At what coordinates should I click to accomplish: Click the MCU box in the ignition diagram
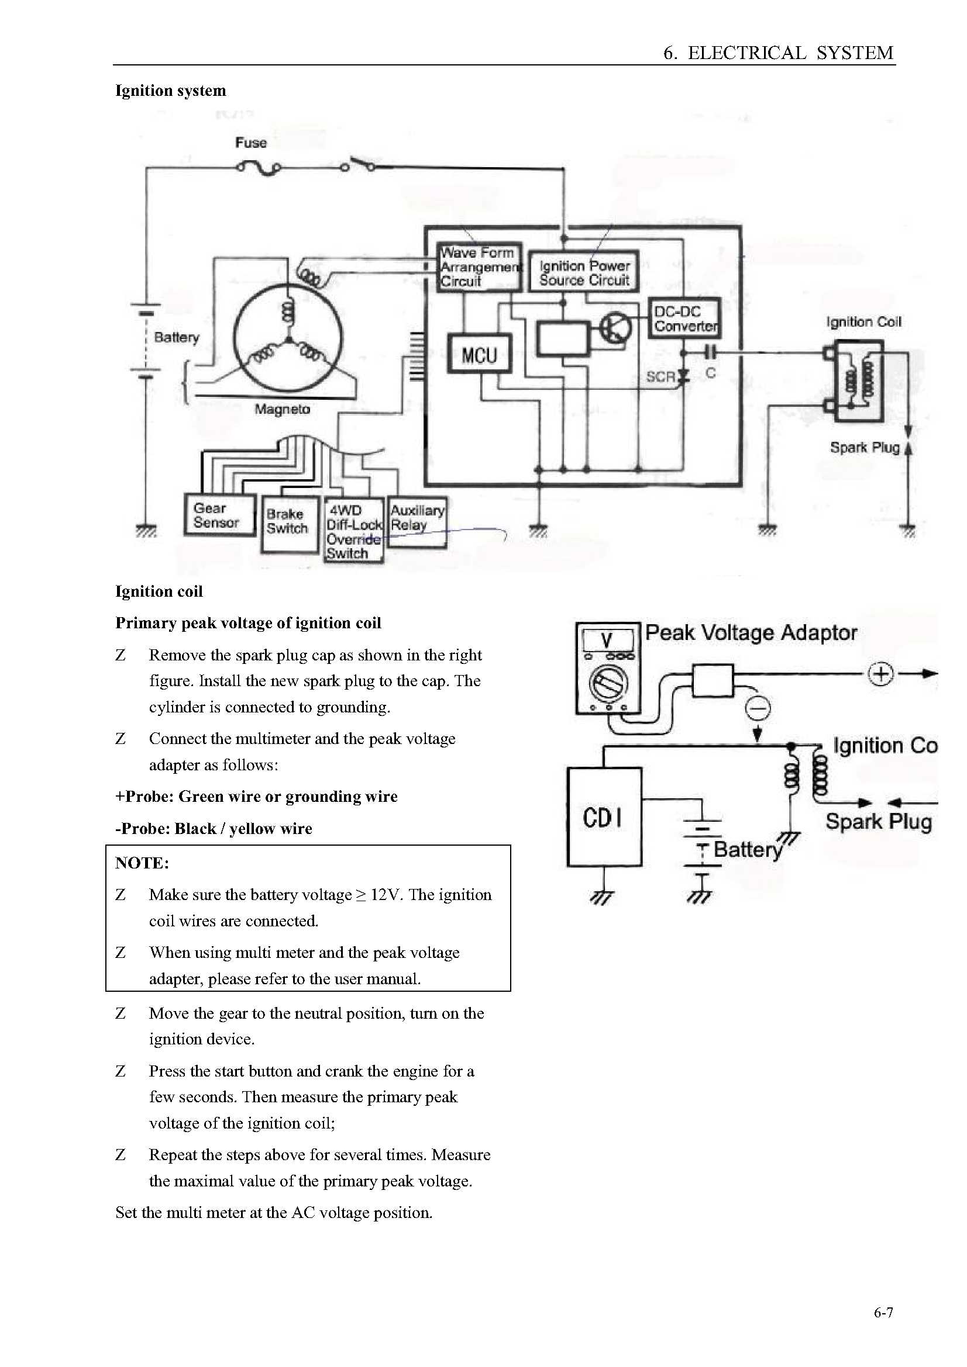coord(480,354)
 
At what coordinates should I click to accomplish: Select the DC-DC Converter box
coord(684,319)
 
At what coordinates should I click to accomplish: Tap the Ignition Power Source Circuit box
coord(584,272)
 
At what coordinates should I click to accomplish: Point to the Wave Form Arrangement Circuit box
coord(480,267)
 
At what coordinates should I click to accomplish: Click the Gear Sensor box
coord(220,515)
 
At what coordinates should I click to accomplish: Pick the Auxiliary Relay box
coord(417,522)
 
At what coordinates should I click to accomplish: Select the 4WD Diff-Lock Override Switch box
coord(354,531)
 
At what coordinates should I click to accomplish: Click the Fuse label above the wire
coord(251,143)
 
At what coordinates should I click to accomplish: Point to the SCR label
coord(660,377)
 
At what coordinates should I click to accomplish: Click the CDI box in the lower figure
coord(604,816)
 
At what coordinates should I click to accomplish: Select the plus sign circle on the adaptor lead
coord(880,674)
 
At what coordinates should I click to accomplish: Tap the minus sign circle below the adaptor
coord(759,709)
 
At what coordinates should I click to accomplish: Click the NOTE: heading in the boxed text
coord(142,863)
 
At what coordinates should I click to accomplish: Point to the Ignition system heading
coord(170,91)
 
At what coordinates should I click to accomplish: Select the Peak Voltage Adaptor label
coord(751,632)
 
